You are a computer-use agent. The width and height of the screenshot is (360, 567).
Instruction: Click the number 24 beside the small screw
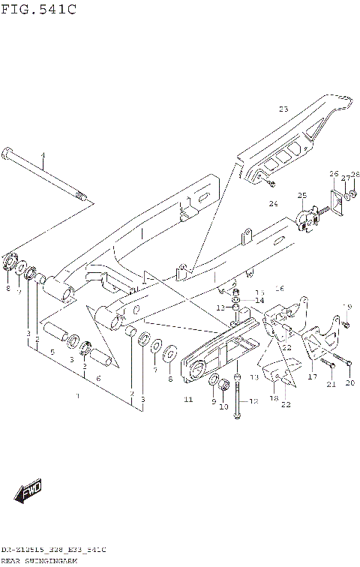pyautogui.click(x=274, y=202)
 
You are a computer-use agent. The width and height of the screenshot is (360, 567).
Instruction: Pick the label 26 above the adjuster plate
pyautogui.click(x=334, y=175)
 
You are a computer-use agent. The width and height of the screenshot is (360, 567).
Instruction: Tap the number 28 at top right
pyautogui.click(x=355, y=175)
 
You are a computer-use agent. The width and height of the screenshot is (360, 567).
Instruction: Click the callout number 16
pyautogui.click(x=280, y=288)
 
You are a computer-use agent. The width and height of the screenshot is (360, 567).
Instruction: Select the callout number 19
pyautogui.click(x=347, y=306)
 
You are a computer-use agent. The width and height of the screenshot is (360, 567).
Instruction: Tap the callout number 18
pyautogui.click(x=274, y=398)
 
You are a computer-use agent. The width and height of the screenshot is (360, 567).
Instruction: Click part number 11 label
pyautogui.click(x=188, y=400)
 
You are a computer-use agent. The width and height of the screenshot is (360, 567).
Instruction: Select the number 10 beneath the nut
pyautogui.click(x=222, y=406)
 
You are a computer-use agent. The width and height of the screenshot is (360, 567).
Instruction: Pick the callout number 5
pyautogui.click(x=52, y=351)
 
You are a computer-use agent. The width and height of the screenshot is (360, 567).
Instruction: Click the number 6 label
pyautogui.click(x=98, y=379)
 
